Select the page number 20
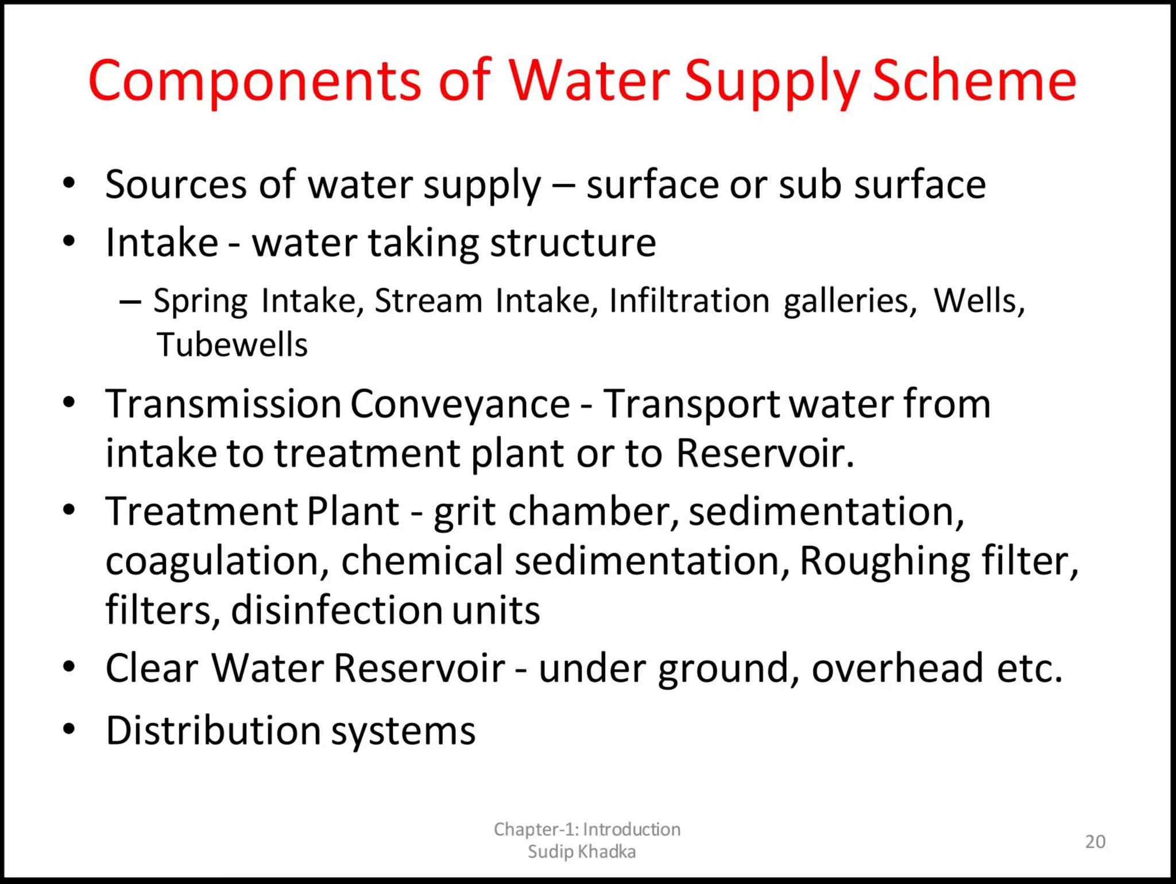pyautogui.click(x=1095, y=841)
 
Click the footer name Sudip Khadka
pyautogui.click(x=582, y=851)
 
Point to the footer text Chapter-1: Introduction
pyautogui.click(x=587, y=829)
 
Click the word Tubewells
pyautogui.click(x=232, y=345)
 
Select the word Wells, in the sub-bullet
pyautogui.click(x=979, y=301)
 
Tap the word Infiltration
pyautogui.click(x=689, y=301)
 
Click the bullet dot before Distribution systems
pyautogui.click(x=69, y=729)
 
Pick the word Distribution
pyautogui.click(x=213, y=731)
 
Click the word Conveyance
pyautogui.click(x=460, y=404)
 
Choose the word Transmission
pyautogui.click(x=224, y=404)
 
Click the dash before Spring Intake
pyautogui.click(x=130, y=301)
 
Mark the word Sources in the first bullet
pyautogui.click(x=176, y=185)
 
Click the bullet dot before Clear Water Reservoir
pyautogui.click(x=69, y=667)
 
